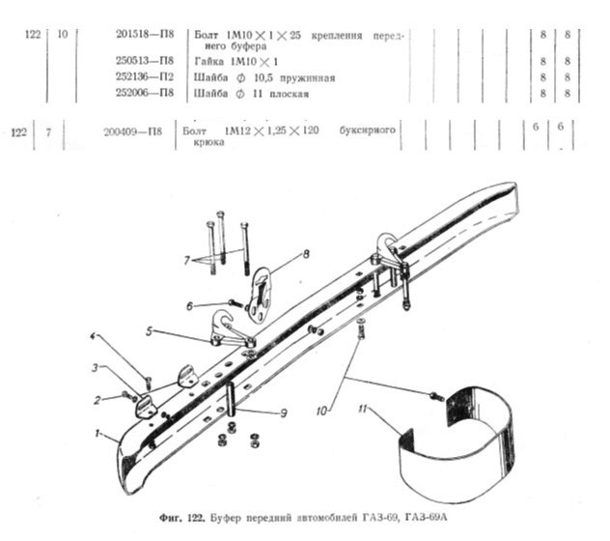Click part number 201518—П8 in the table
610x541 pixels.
click(x=145, y=34)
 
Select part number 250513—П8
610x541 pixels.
click(x=145, y=61)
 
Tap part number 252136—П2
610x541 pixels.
click(x=145, y=77)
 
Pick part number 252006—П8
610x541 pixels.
click(x=145, y=93)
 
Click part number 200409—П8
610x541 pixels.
click(x=132, y=132)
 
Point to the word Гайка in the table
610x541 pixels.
click(x=208, y=62)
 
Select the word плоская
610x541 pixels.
click(x=289, y=95)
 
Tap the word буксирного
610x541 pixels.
click(x=367, y=130)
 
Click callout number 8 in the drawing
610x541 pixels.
click(x=306, y=254)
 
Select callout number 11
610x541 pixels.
click(x=363, y=410)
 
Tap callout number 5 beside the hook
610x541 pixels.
click(x=150, y=331)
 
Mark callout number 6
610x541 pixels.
click(x=189, y=306)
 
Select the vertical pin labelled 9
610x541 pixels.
click(x=231, y=399)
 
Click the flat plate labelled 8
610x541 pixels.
click(x=260, y=294)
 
